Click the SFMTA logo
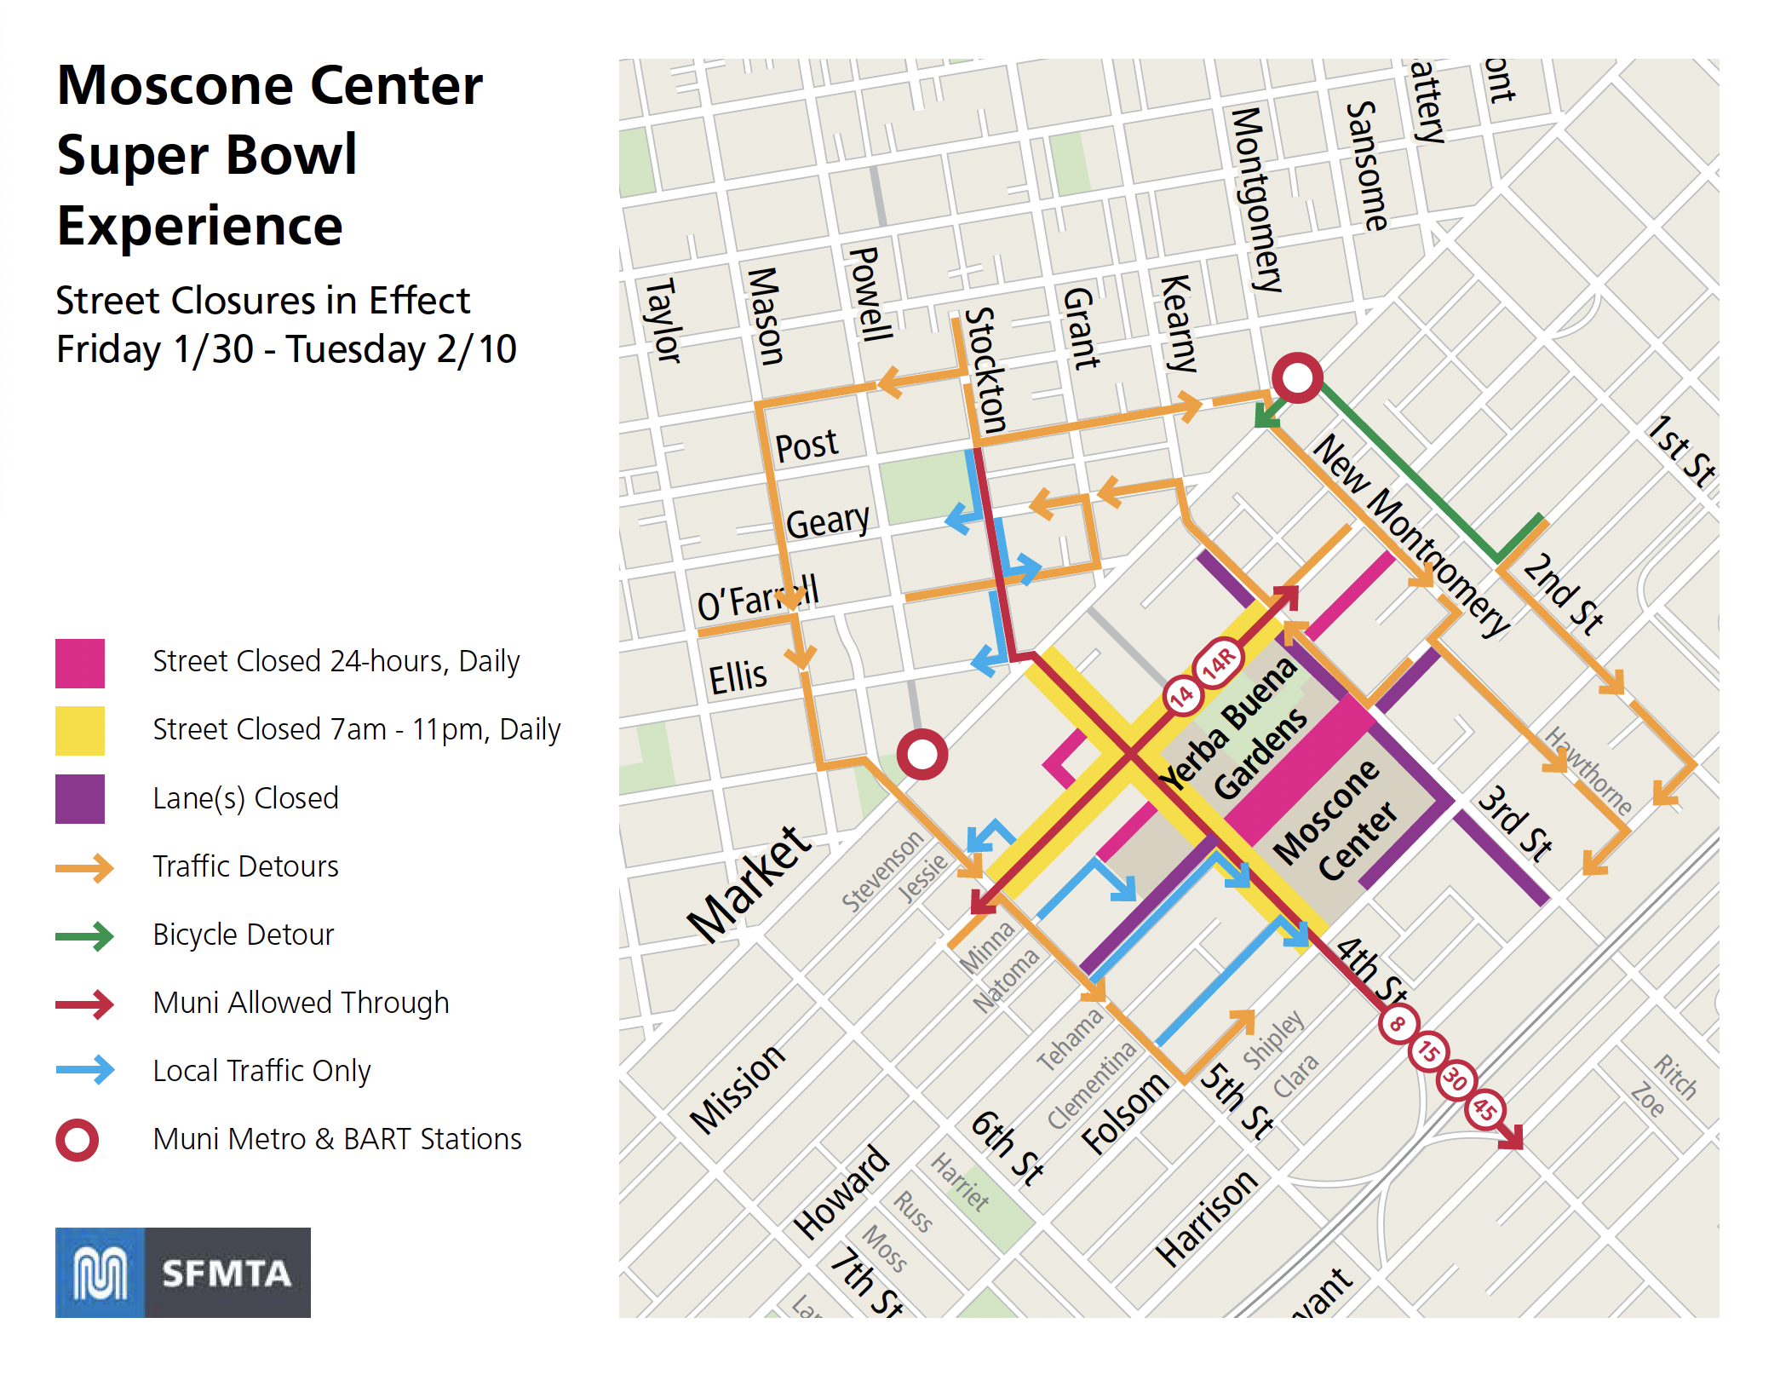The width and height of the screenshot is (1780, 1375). point(182,1272)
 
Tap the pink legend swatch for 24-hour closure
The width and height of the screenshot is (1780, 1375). point(80,663)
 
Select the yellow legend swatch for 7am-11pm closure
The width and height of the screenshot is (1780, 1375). point(80,730)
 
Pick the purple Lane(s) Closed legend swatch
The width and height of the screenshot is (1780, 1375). point(80,798)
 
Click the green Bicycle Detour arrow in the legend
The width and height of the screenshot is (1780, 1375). point(84,935)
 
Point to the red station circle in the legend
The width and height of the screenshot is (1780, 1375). point(78,1139)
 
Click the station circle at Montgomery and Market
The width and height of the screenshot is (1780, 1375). point(1296,377)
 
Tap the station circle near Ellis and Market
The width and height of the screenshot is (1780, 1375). point(922,754)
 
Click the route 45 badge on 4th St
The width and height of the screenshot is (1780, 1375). point(1485,1108)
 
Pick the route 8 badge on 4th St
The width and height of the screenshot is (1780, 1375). point(1398,1023)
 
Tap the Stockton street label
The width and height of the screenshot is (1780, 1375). point(986,371)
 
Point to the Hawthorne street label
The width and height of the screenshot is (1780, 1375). point(1589,771)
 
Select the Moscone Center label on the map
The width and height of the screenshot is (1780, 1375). point(1335,820)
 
